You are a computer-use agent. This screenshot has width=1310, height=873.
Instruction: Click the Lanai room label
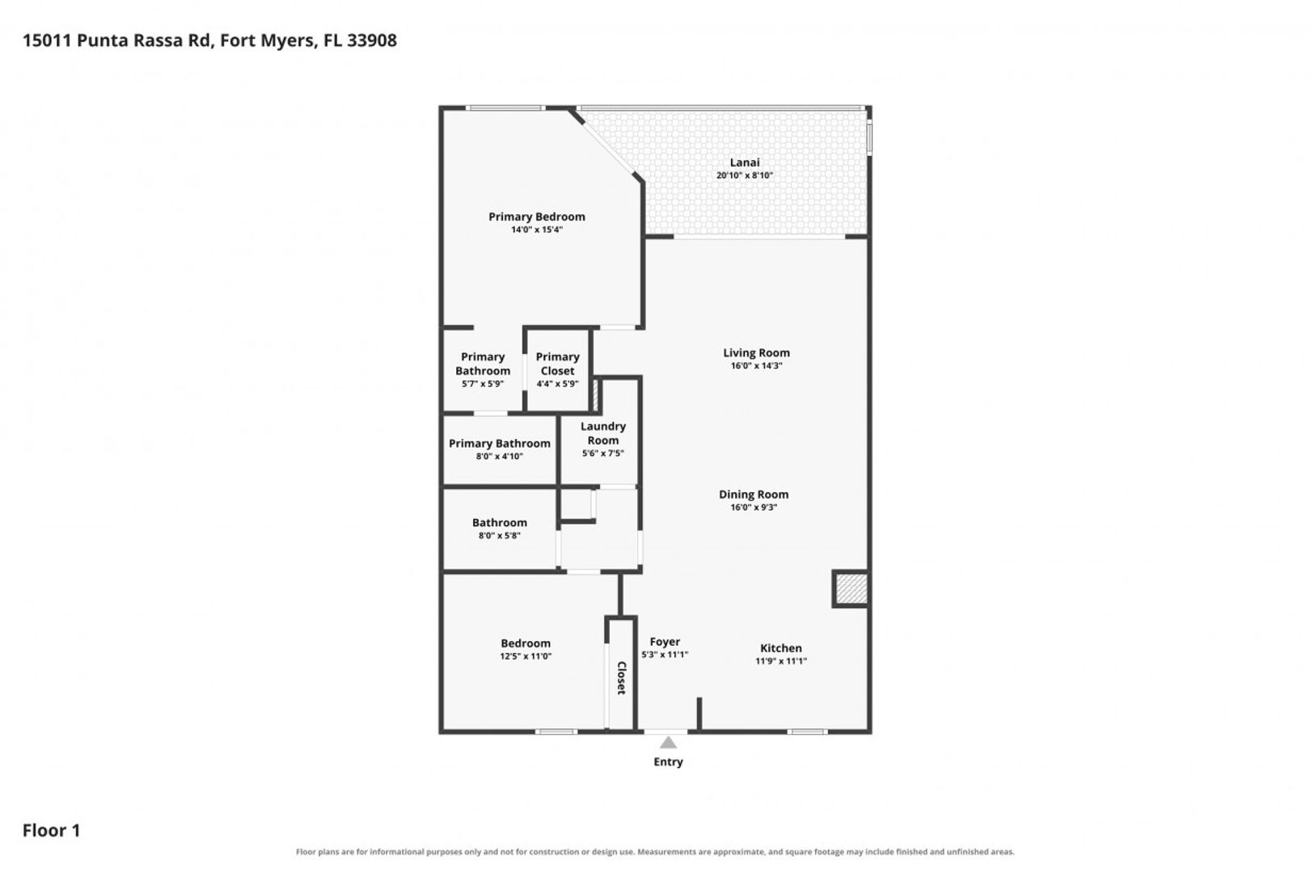click(745, 162)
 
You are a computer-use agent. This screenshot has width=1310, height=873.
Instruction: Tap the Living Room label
click(756, 352)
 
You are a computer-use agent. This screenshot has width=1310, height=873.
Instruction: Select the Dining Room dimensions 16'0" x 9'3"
click(754, 507)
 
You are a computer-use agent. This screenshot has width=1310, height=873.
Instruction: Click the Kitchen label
click(780, 648)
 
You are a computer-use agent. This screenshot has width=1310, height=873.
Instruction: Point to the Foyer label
click(665, 642)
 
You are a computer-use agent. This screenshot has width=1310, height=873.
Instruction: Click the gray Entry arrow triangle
click(668, 743)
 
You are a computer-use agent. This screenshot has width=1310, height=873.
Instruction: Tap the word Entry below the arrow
click(668, 761)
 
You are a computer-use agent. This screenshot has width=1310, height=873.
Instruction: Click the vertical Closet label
click(621, 677)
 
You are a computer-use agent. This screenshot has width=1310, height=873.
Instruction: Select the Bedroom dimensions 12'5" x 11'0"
click(526, 656)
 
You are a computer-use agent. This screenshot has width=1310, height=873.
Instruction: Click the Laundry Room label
click(603, 433)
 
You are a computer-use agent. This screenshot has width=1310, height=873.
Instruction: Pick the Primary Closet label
click(557, 364)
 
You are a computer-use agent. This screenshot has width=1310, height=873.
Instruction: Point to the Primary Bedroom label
click(537, 217)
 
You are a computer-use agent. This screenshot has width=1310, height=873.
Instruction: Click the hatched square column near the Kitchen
click(851, 588)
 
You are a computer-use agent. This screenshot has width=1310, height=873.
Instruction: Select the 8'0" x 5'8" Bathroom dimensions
click(500, 536)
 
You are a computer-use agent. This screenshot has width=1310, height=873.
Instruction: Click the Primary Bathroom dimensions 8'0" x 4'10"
click(500, 456)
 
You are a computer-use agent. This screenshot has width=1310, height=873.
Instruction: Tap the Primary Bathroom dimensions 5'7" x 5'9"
click(483, 384)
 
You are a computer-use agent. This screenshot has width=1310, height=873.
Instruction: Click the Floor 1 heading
click(51, 830)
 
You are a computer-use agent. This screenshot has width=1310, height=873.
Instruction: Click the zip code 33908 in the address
click(372, 40)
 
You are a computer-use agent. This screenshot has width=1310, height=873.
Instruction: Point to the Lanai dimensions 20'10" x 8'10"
click(745, 175)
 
